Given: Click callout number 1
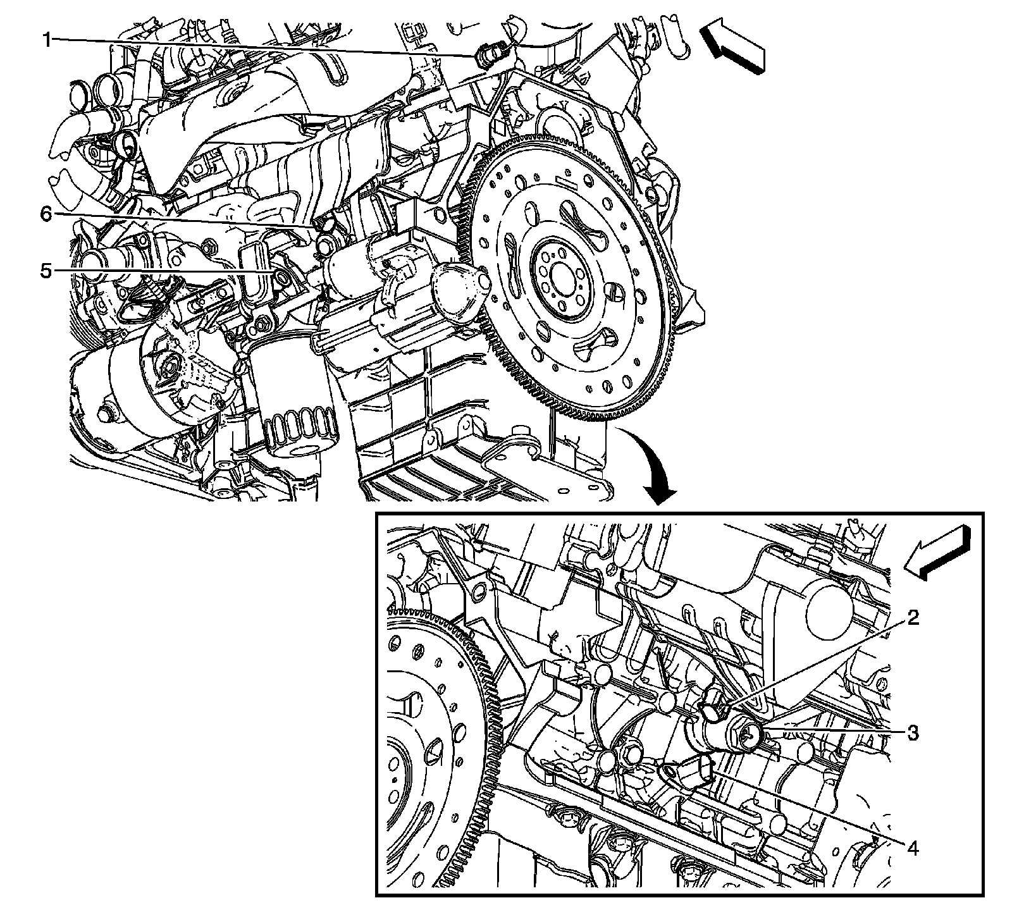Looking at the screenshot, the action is (47, 40).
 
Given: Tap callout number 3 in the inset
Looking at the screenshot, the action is (913, 733).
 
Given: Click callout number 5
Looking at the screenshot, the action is (46, 271).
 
